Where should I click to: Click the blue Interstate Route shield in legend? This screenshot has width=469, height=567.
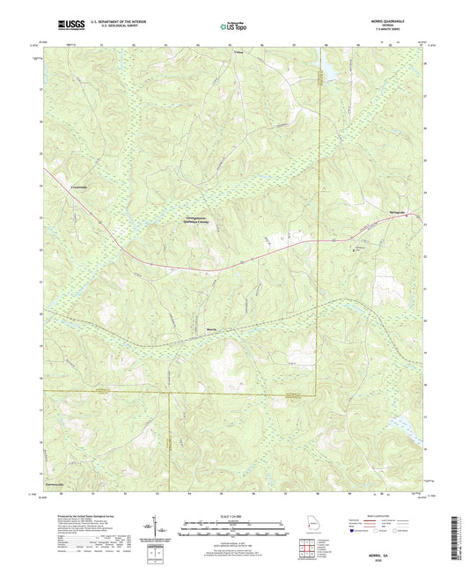coord(355,531)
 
